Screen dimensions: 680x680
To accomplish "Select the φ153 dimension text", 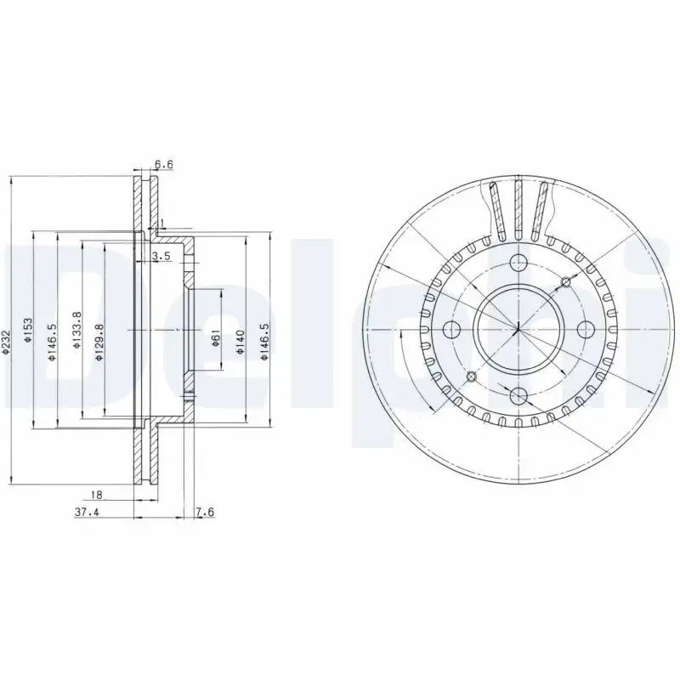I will pyautogui.click(x=29, y=330).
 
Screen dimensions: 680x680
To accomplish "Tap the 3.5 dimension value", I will pyautogui.click(x=161, y=256).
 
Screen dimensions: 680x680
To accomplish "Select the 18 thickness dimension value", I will pyautogui.click(x=98, y=493).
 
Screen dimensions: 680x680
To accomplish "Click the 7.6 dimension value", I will pyautogui.click(x=204, y=512).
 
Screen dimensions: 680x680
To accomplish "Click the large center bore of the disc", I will pyautogui.click(x=516, y=328).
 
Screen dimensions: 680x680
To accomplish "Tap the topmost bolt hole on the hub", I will pyautogui.click(x=516, y=263).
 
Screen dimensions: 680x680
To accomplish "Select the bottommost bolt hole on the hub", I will pyautogui.click(x=516, y=394).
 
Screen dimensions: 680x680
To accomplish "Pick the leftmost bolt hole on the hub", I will pyautogui.click(x=450, y=328).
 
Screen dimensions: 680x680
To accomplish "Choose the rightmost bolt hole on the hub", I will pyautogui.click(x=581, y=328).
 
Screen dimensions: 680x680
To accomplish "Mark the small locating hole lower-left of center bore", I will pyautogui.click(x=469, y=375).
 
